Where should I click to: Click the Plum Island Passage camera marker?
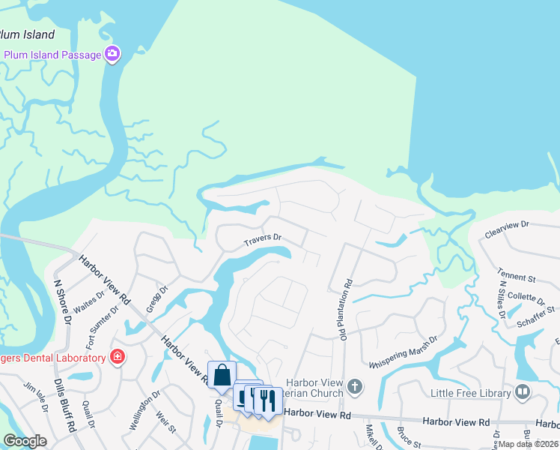point(112,54)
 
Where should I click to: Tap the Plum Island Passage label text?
point(53,54)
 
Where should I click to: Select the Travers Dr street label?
point(262,240)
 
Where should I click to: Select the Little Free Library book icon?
point(523,391)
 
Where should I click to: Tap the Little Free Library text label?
point(469,392)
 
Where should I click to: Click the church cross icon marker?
point(355,388)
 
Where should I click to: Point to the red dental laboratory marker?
point(117,355)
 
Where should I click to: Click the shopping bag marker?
point(222,375)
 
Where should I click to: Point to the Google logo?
point(25,441)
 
